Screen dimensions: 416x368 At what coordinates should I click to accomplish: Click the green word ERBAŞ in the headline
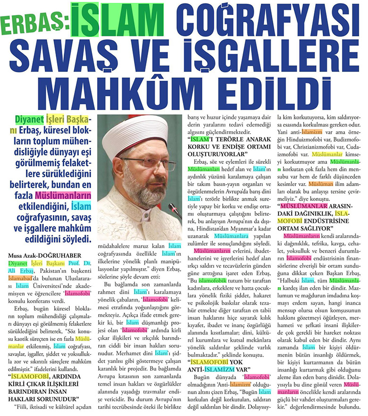pyautogui.click(x=36, y=21)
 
